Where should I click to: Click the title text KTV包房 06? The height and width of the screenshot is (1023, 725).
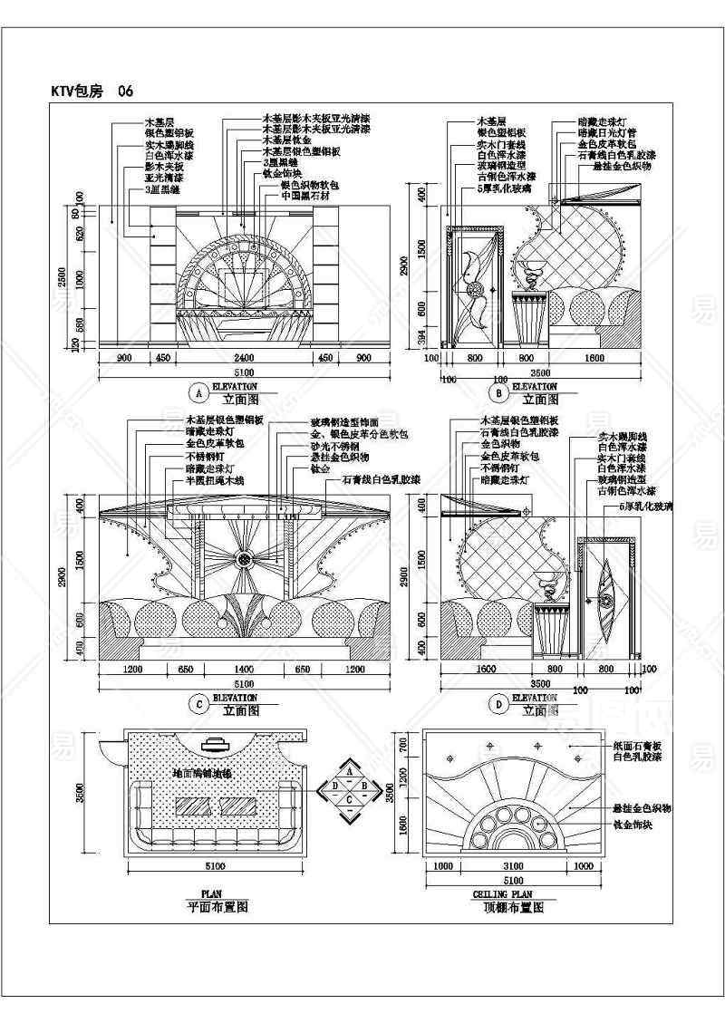[x=94, y=92]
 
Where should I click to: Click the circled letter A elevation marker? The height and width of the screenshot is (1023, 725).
[x=197, y=392]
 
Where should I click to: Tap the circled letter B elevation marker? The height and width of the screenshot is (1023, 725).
[x=497, y=392]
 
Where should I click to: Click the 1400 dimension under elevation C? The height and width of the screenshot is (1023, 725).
[x=245, y=670]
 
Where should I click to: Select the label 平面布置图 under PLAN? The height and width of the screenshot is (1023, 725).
[x=217, y=905]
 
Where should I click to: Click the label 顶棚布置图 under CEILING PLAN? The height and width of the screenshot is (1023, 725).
[x=514, y=905]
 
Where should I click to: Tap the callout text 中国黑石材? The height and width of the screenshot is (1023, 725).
[x=304, y=195]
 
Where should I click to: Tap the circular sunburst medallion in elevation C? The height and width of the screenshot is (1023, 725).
[x=244, y=558]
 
